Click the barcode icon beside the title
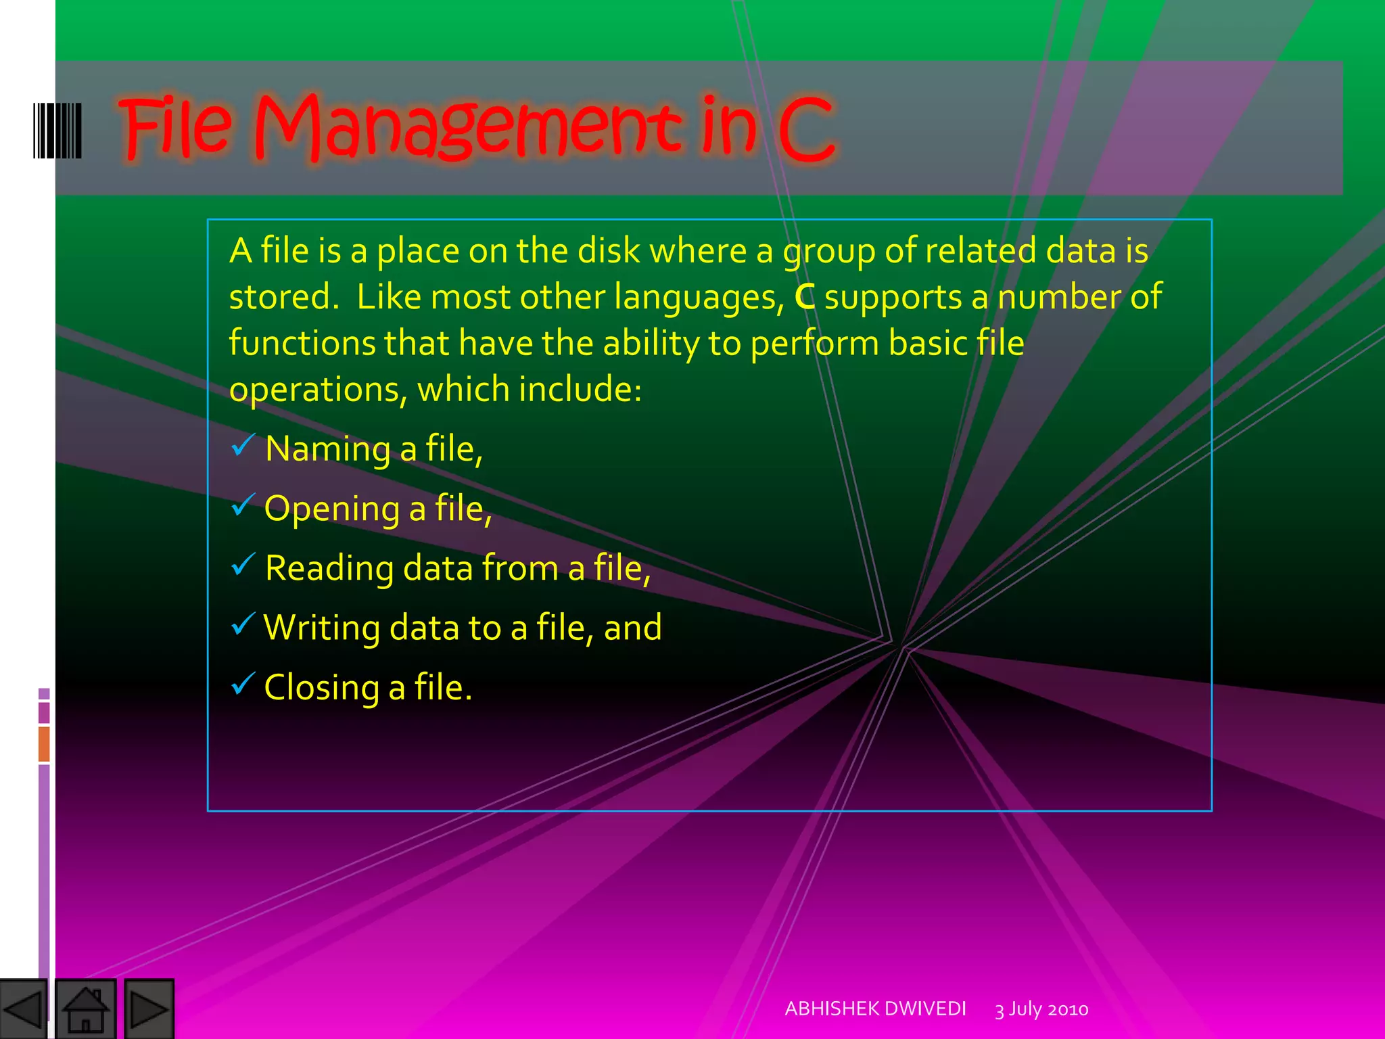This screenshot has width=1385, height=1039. [57, 131]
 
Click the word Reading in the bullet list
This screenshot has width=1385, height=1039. [329, 568]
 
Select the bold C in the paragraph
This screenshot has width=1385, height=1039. [804, 297]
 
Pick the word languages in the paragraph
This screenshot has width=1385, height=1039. [699, 298]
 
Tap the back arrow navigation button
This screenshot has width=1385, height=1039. [23, 1009]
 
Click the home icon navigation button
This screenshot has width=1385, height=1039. [85, 1009]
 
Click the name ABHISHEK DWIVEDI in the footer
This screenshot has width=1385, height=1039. [875, 1009]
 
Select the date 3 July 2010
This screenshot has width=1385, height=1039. [1041, 1009]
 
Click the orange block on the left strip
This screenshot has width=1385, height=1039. [44, 743]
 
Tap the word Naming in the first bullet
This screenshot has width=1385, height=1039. [327, 449]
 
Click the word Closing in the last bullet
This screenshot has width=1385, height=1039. [321, 688]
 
